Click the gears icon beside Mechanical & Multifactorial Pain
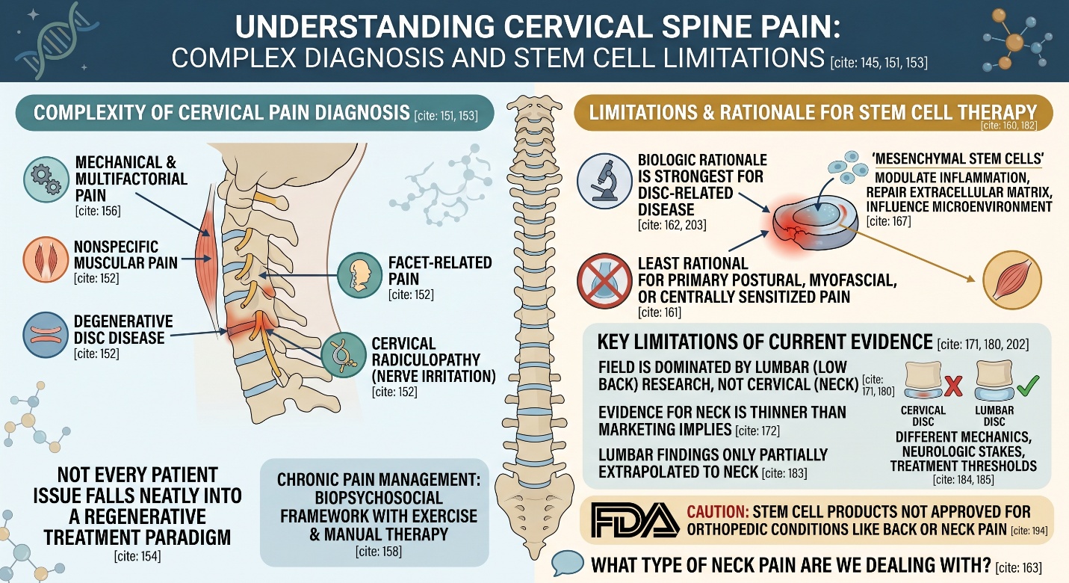47,179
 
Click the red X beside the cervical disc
952,386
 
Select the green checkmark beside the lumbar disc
1027,386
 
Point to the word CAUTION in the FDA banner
710,513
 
